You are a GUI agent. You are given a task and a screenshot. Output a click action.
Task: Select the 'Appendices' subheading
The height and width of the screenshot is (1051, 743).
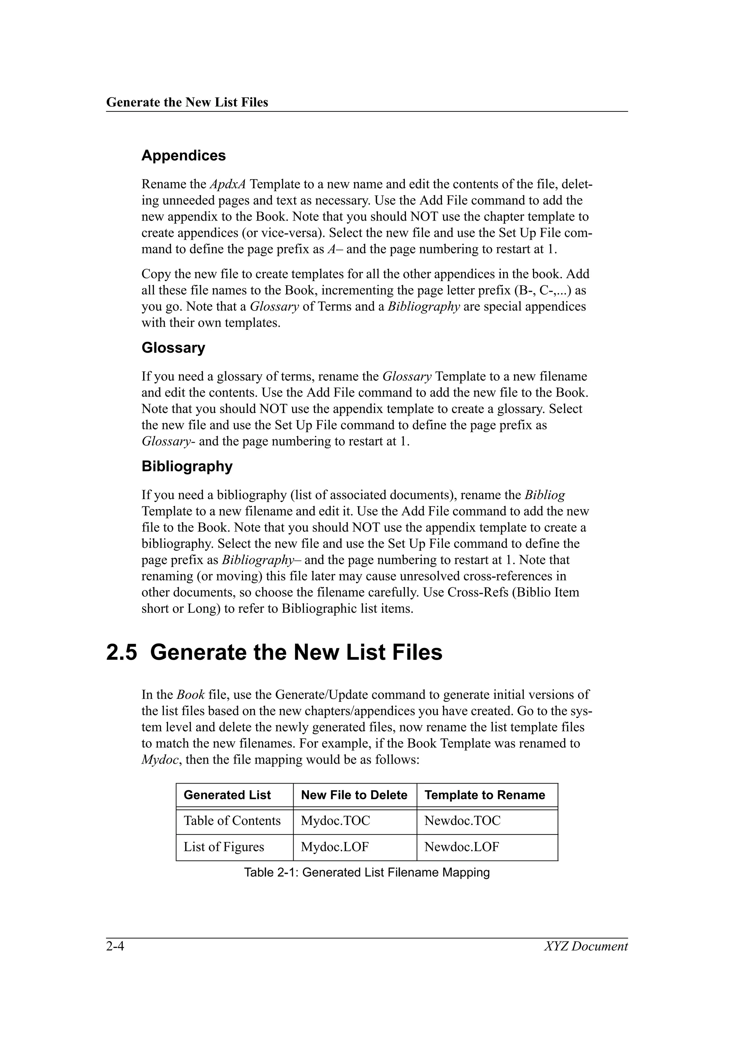pos(183,156)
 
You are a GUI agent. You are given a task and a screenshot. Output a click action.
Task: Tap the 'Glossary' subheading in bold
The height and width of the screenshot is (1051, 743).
pos(173,348)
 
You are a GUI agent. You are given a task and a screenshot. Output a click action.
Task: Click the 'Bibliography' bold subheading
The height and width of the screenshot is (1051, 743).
pos(187,467)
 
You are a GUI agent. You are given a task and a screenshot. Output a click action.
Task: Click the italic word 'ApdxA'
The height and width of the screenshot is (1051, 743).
pos(227,184)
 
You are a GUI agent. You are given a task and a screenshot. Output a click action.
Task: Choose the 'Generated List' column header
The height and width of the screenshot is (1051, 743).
pos(227,795)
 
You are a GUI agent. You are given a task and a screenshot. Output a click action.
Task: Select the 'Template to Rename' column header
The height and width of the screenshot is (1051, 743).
pos(484,795)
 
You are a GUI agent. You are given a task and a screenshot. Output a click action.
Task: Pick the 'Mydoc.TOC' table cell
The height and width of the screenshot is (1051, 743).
pos(335,821)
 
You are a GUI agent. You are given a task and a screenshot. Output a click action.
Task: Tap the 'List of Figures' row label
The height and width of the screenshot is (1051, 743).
pos(224,847)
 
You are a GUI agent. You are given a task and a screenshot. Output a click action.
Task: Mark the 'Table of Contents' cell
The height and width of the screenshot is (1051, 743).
pos(232,821)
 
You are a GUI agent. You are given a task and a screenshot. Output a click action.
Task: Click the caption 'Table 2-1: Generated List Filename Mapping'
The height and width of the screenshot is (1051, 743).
pos(367,873)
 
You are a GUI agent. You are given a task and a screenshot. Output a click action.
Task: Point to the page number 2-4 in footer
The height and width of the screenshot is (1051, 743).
pos(115,946)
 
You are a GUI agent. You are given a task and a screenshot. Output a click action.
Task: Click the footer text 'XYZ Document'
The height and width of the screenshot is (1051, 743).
pos(586,946)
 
